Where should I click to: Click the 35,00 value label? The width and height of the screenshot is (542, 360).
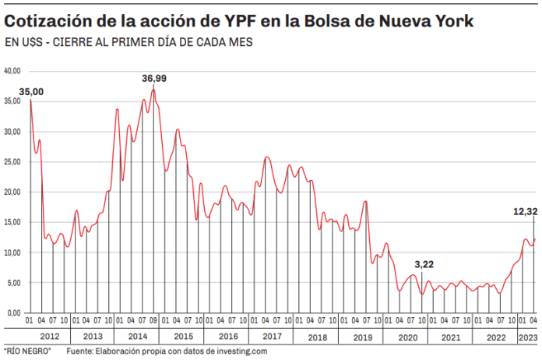click(32, 92)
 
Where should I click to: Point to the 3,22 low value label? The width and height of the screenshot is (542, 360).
click(424, 265)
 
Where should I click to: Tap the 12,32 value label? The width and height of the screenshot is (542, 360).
click(525, 211)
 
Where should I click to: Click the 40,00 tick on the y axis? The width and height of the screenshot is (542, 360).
click(12, 71)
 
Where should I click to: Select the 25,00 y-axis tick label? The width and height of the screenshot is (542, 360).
click(12, 162)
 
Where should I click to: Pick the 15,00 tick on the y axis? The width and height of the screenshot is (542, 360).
click(12, 222)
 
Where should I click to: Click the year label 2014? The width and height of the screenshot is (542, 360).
click(136, 337)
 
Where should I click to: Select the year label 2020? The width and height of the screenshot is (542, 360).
click(407, 337)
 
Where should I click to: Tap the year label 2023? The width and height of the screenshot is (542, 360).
click(527, 337)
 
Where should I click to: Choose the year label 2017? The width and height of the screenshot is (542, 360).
click(272, 337)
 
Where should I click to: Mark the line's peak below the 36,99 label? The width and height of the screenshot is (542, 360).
click(153, 90)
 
